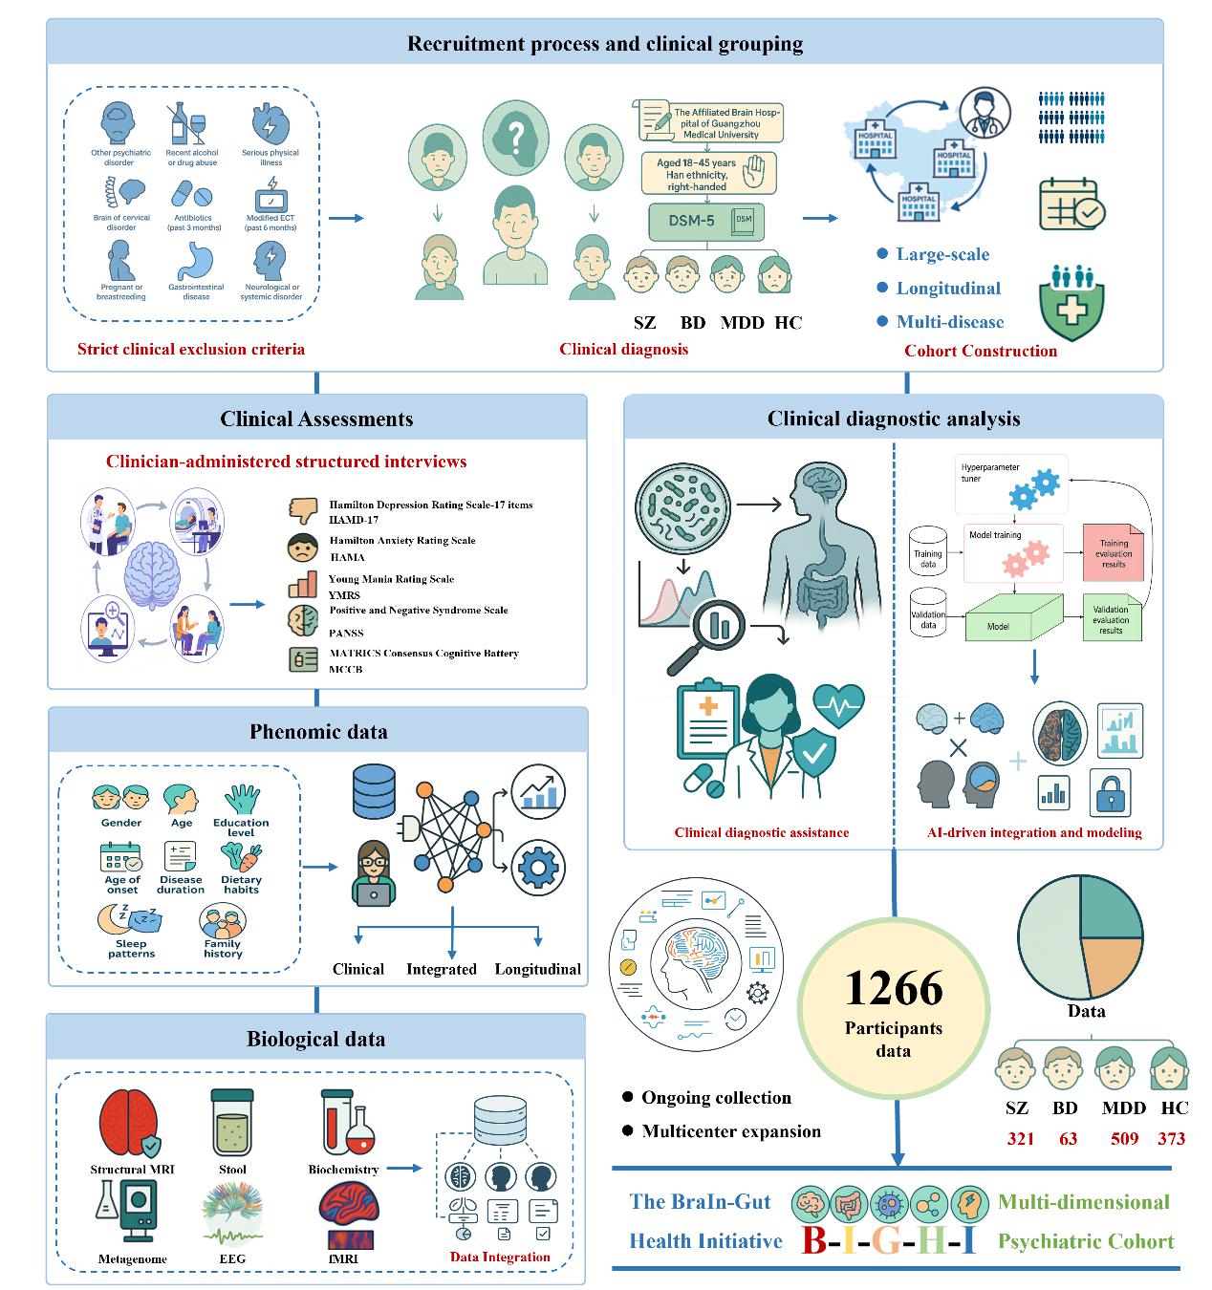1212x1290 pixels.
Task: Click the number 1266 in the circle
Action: click(x=894, y=987)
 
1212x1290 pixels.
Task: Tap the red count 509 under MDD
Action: click(x=1125, y=1138)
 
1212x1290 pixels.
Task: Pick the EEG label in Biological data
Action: click(x=232, y=1258)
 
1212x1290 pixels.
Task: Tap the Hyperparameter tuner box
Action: click(x=1011, y=482)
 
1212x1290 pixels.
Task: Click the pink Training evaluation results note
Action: click(x=1113, y=553)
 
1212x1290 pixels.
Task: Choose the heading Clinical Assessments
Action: click(x=316, y=419)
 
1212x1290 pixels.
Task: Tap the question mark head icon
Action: click(x=515, y=135)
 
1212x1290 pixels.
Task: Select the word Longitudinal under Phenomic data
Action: click(x=537, y=969)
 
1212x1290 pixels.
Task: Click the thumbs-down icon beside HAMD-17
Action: click(x=303, y=510)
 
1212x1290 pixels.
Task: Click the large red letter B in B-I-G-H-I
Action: click(x=813, y=1239)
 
